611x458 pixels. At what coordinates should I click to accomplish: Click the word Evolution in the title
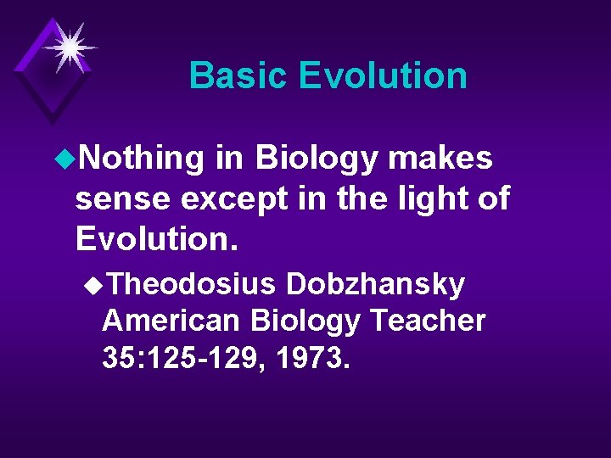[x=383, y=75]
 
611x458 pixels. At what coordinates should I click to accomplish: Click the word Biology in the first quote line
[x=318, y=159]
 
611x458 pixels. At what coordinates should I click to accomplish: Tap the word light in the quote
[x=418, y=198]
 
